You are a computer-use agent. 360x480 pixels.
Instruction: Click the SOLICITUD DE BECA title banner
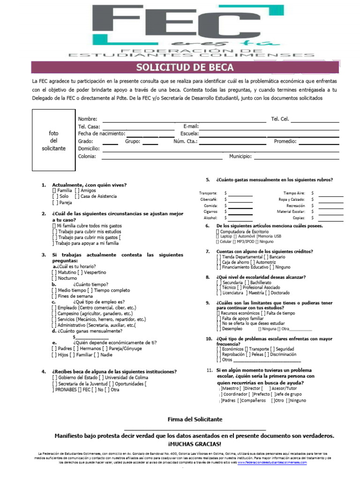pyautogui.click(x=185, y=67)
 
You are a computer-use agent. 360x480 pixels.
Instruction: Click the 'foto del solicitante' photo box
pyautogui.click(x=53, y=141)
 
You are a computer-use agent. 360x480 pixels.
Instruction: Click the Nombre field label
pyautogui.click(x=87, y=119)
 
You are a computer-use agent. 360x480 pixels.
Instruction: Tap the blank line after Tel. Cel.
pyautogui.click(x=315, y=119)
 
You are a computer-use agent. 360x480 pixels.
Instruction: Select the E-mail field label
pyautogui.click(x=191, y=127)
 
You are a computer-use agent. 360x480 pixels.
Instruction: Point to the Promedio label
pyautogui.click(x=285, y=141)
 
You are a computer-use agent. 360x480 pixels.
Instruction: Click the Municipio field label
pyautogui.click(x=240, y=157)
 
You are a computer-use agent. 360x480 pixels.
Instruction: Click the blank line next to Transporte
pyautogui.click(x=240, y=193)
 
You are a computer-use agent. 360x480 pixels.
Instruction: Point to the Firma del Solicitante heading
pyautogui.click(x=195, y=419)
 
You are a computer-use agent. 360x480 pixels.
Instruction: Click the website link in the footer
pyautogui.click(x=272, y=462)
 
